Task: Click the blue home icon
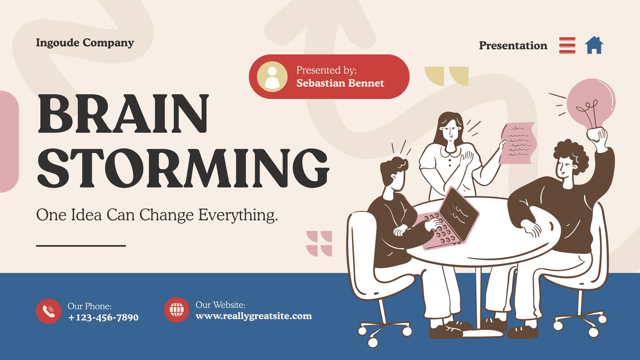594,45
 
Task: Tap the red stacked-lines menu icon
567,45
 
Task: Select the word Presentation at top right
513,46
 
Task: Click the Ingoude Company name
85,42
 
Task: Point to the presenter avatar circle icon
272,76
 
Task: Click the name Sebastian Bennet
340,83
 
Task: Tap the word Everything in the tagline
238,215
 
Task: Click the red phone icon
48,311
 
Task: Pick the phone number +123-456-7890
103,318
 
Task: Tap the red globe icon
176,310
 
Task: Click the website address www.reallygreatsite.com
254,316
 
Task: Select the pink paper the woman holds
518,143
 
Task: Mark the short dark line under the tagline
81,246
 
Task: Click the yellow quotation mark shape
446,76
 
